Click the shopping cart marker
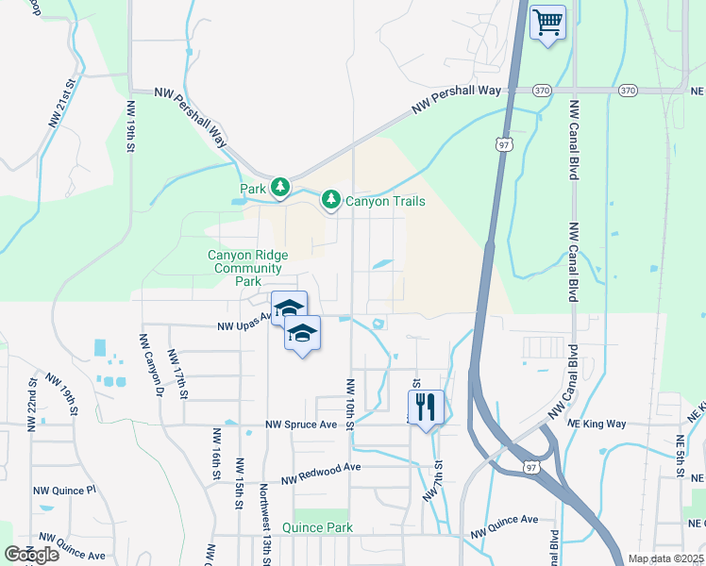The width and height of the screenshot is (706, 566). coord(547,22)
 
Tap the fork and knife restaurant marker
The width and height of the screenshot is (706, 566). coord(426,408)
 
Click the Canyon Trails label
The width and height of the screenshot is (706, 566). coord(384,201)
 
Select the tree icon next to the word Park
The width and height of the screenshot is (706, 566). coord(280,189)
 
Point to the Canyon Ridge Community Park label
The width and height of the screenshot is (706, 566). coord(247,268)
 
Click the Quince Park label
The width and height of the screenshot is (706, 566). coord(323,528)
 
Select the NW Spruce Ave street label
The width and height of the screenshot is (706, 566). coord(301,424)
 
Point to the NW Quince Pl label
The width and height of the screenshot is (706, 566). coord(65,491)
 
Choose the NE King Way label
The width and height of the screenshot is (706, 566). coord(597,424)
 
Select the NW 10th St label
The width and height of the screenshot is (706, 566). coord(349,405)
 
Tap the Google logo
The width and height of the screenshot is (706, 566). coord(31,554)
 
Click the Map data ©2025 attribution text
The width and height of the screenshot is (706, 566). coord(664,558)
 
